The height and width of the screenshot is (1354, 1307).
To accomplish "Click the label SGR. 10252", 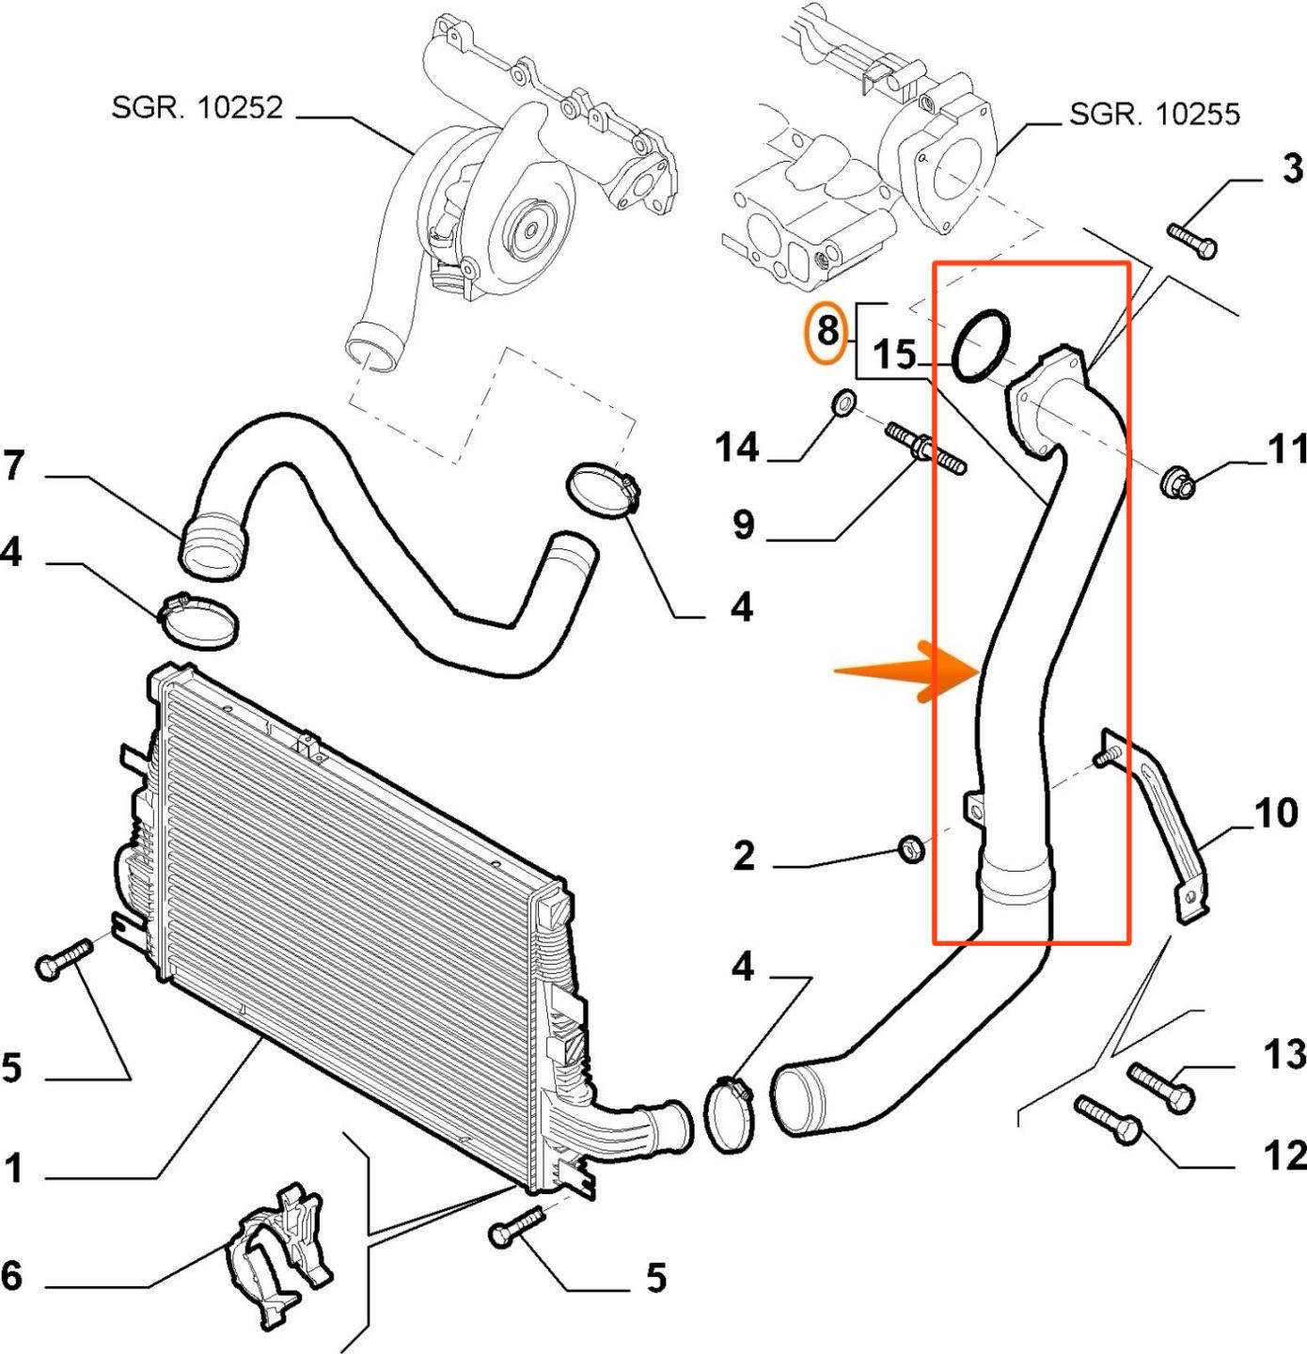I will point(197,107).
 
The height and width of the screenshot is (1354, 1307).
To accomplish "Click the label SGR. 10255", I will point(1155,114).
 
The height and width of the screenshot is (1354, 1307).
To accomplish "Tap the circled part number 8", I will point(827,332).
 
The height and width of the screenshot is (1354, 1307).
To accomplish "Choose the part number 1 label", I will point(12,1170).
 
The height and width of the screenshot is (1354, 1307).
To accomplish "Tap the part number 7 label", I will point(12,466).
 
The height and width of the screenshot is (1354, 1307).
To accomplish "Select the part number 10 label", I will point(1275,812).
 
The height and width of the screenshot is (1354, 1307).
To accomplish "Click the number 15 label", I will point(894,355).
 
